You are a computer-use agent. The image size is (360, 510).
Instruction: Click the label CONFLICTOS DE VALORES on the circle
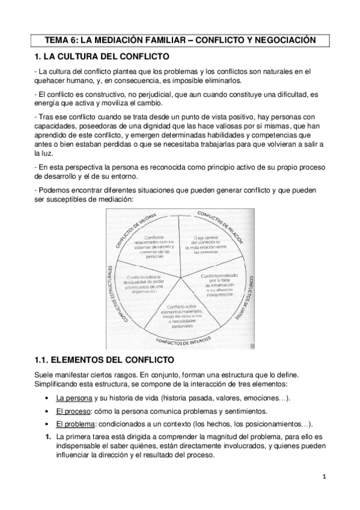(x=134, y=228)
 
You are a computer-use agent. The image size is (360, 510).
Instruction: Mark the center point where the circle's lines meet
(x=181, y=278)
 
